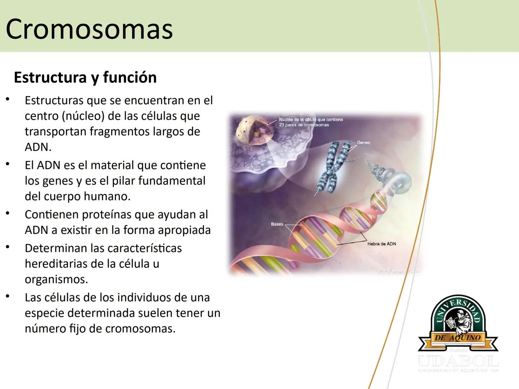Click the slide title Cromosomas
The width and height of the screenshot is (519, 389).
(89, 29)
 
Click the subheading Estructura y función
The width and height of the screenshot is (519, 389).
(85, 77)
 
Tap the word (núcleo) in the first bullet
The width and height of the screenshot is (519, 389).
(83, 116)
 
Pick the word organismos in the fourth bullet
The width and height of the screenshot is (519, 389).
(56, 280)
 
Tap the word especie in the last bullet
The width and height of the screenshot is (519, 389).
(44, 313)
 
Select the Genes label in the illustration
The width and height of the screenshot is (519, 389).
(363, 143)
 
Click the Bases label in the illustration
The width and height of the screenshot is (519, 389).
(277, 224)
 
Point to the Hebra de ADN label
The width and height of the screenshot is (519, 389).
(381, 244)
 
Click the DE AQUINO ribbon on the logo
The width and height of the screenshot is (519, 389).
(458, 338)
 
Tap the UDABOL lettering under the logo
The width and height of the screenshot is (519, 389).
(458, 361)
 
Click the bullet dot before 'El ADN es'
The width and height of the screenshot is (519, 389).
(8, 165)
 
